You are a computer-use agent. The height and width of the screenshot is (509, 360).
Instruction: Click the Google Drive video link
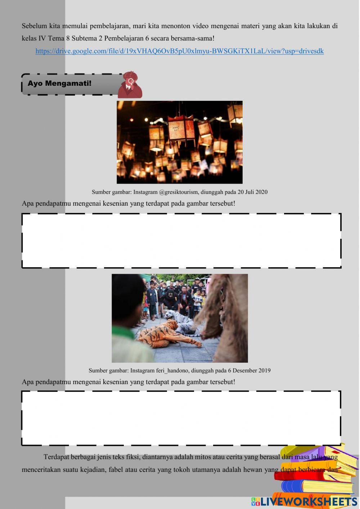(179, 51)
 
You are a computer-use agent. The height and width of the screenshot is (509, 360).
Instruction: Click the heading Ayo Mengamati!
(59, 83)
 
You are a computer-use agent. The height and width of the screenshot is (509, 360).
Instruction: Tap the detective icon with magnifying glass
(130, 85)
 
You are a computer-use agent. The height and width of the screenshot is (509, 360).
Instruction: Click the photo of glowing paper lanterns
(179, 142)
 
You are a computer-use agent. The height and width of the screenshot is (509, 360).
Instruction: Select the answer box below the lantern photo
(181, 241)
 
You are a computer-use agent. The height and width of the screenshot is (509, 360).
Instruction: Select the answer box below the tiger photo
(181, 418)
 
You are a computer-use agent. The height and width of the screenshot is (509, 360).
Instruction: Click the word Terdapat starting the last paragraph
(56, 457)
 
